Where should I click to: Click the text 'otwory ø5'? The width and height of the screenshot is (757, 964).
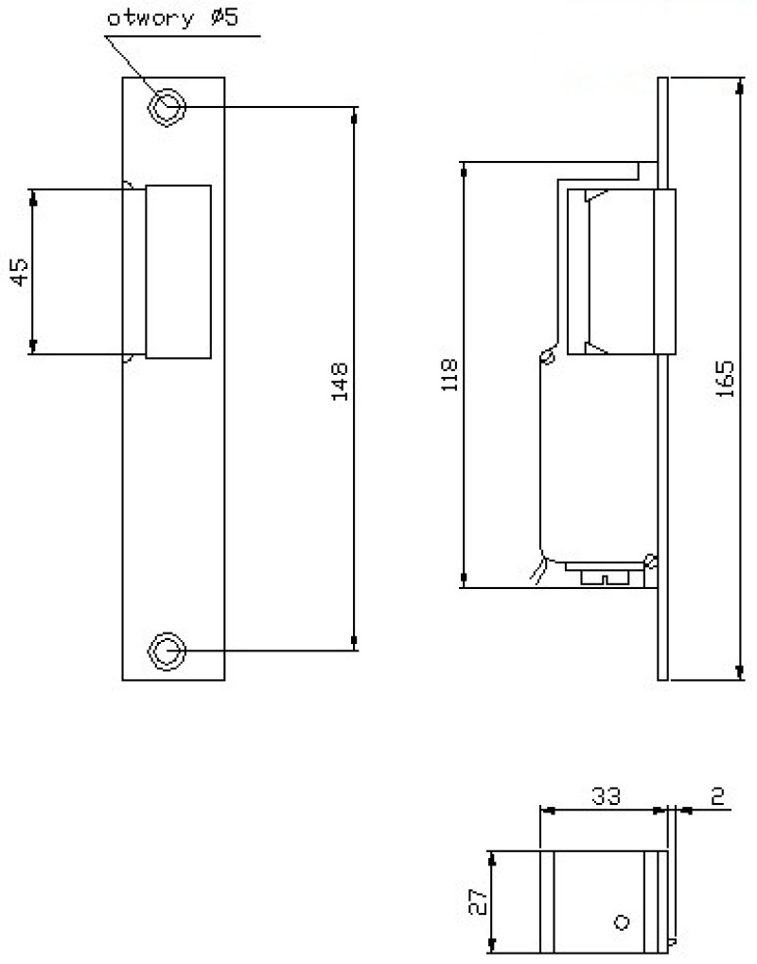tap(172, 18)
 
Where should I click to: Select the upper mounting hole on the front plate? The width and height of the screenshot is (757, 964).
tap(167, 108)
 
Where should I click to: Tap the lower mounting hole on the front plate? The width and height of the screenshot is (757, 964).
tap(167, 651)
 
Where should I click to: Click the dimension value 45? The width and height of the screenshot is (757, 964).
tap(20, 272)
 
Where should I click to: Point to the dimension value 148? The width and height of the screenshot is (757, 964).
tap(340, 382)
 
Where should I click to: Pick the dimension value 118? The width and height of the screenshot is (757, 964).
tap(449, 374)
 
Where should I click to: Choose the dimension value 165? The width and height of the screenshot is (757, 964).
tap(726, 379)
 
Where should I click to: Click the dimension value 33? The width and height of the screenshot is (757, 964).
tap(606, 796)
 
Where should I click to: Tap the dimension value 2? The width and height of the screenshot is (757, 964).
tap(717, 796)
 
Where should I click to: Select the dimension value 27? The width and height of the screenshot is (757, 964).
tap(478, 902)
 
